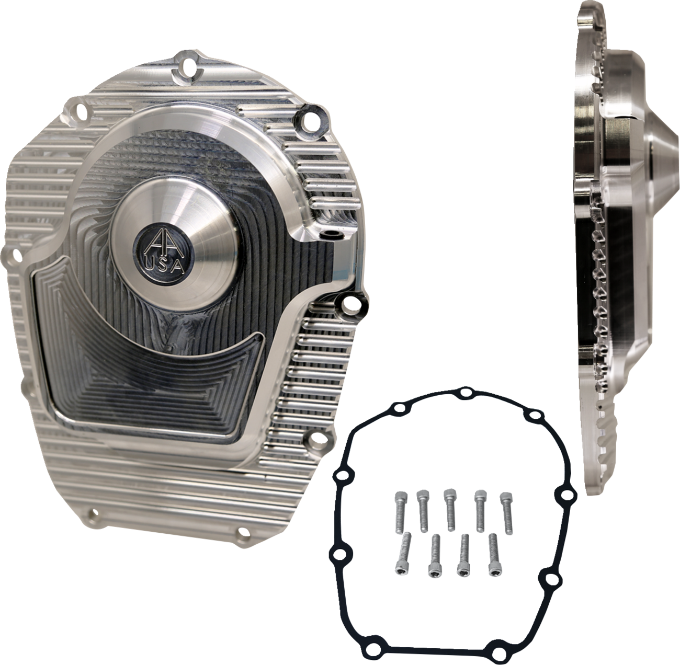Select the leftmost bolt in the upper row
tap(400, 505)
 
